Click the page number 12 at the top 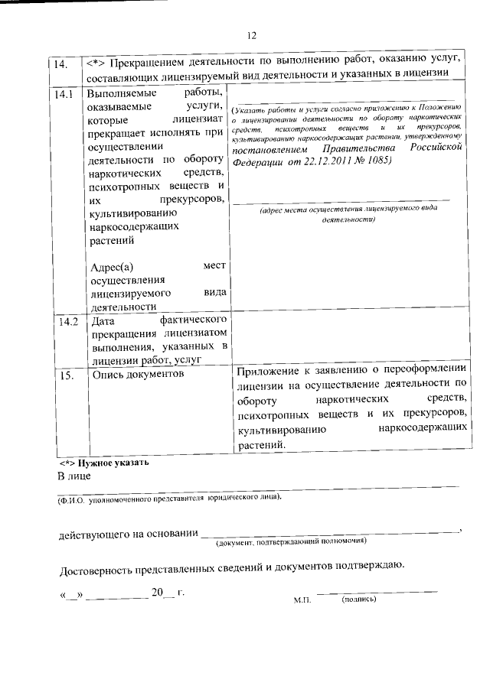(252, 34)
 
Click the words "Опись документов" (138, 375)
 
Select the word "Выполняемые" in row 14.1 (120, 94)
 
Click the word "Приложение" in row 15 (269, 372)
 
